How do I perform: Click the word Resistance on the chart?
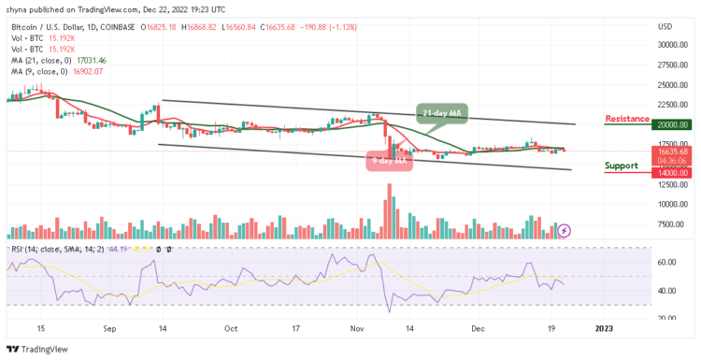(628, 119)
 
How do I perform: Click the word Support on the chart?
(622, 165)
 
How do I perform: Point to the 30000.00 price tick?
(672, 45)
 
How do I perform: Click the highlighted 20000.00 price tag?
(672, 124)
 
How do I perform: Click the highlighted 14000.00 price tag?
(672, 172)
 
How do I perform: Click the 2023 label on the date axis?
(604, 328)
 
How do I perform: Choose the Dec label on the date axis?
(479, 328)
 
